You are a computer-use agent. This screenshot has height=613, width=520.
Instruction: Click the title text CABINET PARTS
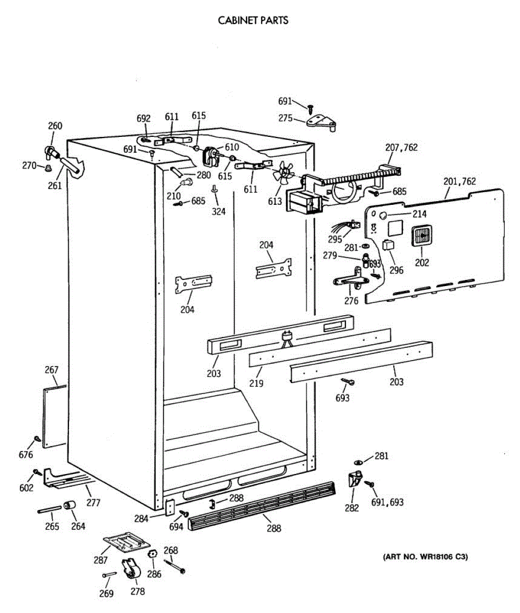click(x=253, y=20)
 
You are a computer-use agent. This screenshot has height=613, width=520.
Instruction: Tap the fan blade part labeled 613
click(x=282, y=173)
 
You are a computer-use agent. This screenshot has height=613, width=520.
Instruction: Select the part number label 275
click(x=286, y=118)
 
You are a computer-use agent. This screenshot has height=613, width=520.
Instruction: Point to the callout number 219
click(x=256, y=383)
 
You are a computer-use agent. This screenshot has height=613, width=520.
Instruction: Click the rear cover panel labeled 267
click(x=55, y=416)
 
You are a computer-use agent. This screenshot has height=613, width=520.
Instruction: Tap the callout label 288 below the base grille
click(x=274, y=528)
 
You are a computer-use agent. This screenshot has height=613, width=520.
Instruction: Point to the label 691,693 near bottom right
click(x=388, y=502)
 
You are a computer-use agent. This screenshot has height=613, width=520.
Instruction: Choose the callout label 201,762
click(x=459, y=181)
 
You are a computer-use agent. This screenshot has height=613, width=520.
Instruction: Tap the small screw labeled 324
click(x=215, y=190)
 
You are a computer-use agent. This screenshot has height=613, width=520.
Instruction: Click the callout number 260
click(x=55, y=126)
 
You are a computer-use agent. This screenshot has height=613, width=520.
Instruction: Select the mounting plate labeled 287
click(x=123, y=541)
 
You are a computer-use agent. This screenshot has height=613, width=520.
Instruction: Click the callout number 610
click(x=228, y=148)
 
